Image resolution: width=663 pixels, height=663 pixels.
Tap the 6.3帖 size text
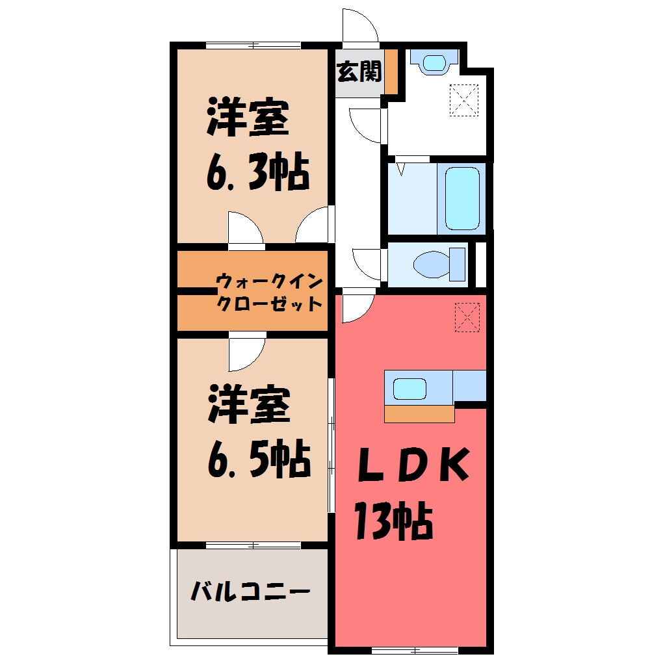(x=258, y=172)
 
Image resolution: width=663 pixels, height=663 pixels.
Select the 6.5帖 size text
(x=259, y=459)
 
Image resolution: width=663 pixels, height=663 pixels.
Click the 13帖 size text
(x=394, y=521)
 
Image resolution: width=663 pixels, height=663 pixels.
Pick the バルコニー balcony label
(x=250, y=591)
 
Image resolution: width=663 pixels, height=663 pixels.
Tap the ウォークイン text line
(x=270, y=281)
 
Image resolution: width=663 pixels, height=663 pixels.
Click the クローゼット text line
(x=270, y=303)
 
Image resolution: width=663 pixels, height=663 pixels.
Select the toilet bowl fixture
(x=439, y=265)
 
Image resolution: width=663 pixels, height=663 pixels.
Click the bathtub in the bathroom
(x=462, y=198)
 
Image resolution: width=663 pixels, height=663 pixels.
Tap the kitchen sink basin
(x=409, y=389)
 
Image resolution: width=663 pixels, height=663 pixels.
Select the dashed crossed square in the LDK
(x=467, y=318)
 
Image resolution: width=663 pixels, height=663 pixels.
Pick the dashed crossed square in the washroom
(x=464, y=100)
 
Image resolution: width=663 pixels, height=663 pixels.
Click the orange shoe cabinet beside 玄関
(x=391, y=72)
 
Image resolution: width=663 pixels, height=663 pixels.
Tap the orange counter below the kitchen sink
(x=419, y=415)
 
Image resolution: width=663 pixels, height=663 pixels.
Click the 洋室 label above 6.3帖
(x=248, y=117)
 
